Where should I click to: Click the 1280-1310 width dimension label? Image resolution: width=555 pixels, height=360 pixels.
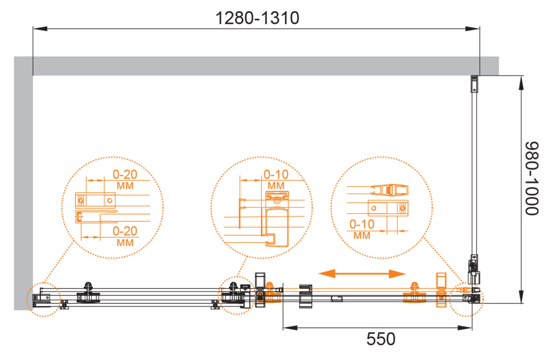[257, 18]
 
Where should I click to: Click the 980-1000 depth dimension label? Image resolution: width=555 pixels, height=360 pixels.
[532, 178]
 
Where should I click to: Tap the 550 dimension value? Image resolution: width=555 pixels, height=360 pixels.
[381, 339]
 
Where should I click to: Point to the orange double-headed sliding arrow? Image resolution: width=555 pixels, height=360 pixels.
[362, 274]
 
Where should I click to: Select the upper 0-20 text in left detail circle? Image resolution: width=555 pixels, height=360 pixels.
[125, 174]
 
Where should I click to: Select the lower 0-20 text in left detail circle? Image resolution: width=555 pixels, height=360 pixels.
[125, 231]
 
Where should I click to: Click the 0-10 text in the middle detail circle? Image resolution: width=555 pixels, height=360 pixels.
[276, 174]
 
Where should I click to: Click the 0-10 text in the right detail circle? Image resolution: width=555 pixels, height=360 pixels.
[362, 224]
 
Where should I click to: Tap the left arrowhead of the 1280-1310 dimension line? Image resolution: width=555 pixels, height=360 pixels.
[40, 29]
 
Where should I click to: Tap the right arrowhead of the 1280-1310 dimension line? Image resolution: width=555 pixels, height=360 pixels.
[472, 29]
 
